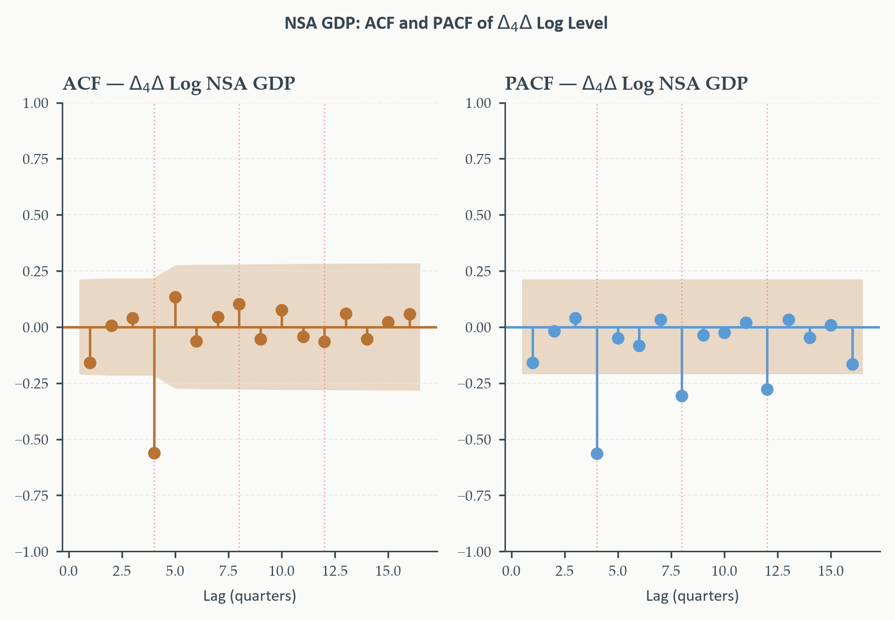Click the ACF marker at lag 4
coord(154,453)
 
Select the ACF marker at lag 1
coord(90,363)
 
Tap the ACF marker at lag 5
coord(175,297)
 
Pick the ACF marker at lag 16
coord(410,314)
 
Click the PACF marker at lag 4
coord(597,453)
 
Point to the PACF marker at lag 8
coord(682,396)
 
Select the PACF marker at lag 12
coord(767,389)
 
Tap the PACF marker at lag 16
coord(852,364)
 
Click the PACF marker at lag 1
coord(533,363)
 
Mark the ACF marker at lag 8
coord(239,304)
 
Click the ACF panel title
coord(179,84)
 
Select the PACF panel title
coord(626,84)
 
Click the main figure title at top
coord(446,23)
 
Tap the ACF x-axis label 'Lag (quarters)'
coord(249,596)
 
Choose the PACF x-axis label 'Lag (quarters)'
coord(692,596)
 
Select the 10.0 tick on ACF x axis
coord(282,571)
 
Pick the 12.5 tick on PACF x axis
coord(778,571)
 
